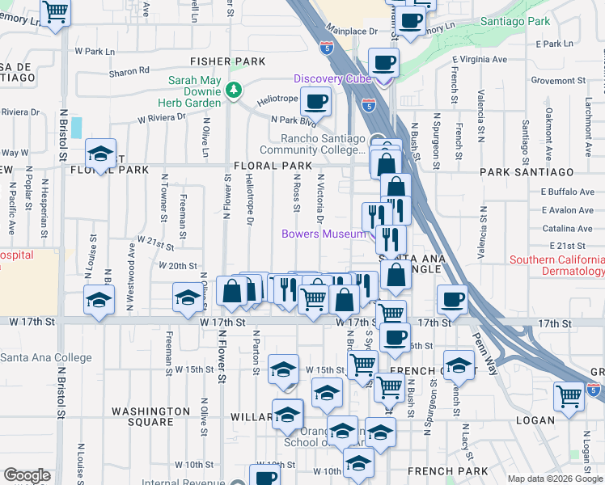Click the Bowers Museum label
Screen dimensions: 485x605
[x=323, y=234]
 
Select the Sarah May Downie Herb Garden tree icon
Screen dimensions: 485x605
[x=234, y=89]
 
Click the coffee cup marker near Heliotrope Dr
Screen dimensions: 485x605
[x=315, y=103]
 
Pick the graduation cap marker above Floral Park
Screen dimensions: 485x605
[x=100, y=154]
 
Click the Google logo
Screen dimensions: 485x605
[x=26, y=475]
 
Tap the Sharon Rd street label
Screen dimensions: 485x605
[x=129, y=72]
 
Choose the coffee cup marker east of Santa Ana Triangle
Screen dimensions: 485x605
[x=452, y=300]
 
